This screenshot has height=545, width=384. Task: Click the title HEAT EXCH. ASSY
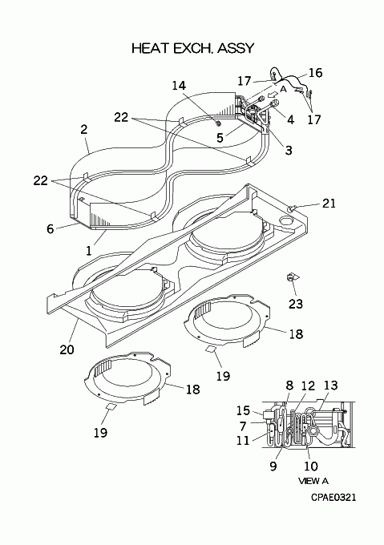click(x=193, y=48)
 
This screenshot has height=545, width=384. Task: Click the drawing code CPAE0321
click(x=333, y=498)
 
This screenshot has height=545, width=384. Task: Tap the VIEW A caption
click(x=313, y=481)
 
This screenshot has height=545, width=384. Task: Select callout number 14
click(x=179, y=86)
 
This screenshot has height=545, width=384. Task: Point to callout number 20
click(x=67, y=349)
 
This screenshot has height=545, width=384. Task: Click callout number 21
click(x=329, y=203)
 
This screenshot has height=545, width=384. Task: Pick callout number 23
click(x=296, y=304)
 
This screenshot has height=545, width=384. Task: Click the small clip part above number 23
click(x=291, y=277)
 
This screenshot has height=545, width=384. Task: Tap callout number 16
click(x=316, y=73)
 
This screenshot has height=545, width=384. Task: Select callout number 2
click(x=83, y=130)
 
